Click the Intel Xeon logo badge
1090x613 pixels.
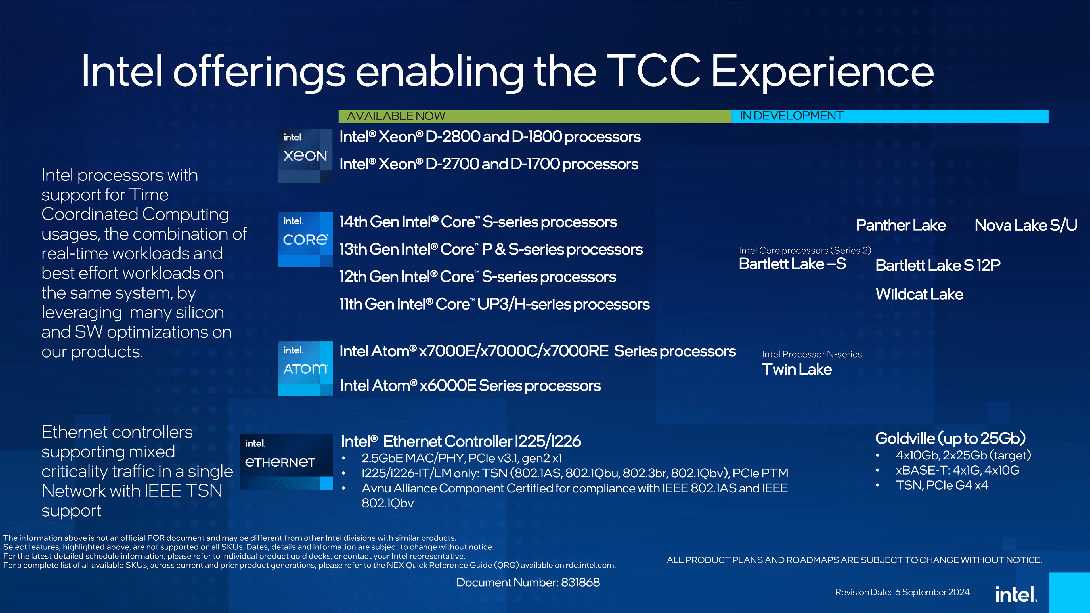click(x=305, y=156)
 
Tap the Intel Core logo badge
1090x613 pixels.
click(x=305, y=240)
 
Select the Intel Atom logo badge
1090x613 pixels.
click(x=305, y=368)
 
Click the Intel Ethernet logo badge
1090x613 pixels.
click(x=286, y=461)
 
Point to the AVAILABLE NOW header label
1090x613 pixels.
click(x=396, y=116)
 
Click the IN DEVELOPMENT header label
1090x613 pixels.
click(x=791, y=116)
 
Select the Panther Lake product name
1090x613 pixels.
click(x=900, y=225)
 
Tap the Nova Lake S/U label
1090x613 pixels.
click(x=1026, y=225)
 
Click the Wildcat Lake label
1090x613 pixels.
click(x=919, y=294)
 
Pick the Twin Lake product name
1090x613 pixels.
click(x=797, y=369)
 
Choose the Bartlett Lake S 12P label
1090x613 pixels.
click(x=938, y=265)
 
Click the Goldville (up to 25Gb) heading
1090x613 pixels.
click(x=950, y=438)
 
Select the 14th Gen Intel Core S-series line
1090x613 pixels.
click(x=478, y=222)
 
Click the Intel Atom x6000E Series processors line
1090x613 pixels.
click(x=470, y=385)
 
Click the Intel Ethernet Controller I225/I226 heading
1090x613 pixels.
click(x=461, y=441)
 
